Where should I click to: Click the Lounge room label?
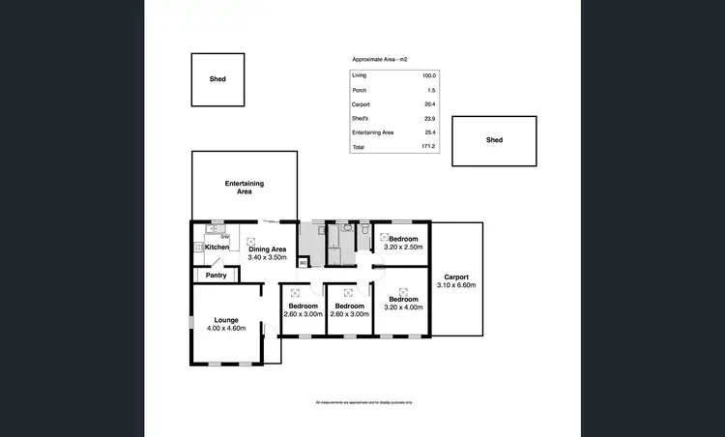click(x=226, y=320)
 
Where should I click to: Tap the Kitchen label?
click(x=217, y=248)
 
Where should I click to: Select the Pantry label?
click(x=217, y=275)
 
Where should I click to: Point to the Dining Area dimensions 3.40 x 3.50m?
click(x=268, y=257)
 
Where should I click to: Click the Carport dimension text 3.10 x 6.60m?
click(x=457, y=285)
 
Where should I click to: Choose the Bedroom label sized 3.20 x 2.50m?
click(x=403, y=239)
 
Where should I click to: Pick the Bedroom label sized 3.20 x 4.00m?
click(x=403, y=299)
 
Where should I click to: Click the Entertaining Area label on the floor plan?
click(x=245, y=188)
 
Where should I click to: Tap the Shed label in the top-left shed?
click(x=217, y=79)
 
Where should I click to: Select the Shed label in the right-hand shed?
click(x=494, y=140)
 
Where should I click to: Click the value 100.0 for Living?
click(x=428, y=75)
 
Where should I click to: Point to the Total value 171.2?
click(x=428, y=146)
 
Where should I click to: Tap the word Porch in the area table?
click(x=360, y=90)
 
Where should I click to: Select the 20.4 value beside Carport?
click(x=429, y=103)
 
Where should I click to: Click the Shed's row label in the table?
click(x=361, y=118)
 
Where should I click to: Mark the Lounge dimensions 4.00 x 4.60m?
click(x=226, y=329)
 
